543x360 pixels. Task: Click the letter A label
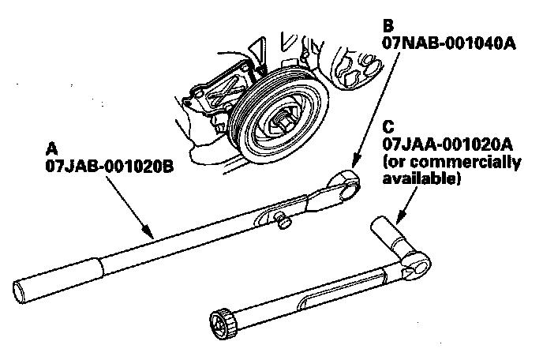click(53, 148)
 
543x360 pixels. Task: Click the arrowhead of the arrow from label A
click(149, 235)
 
